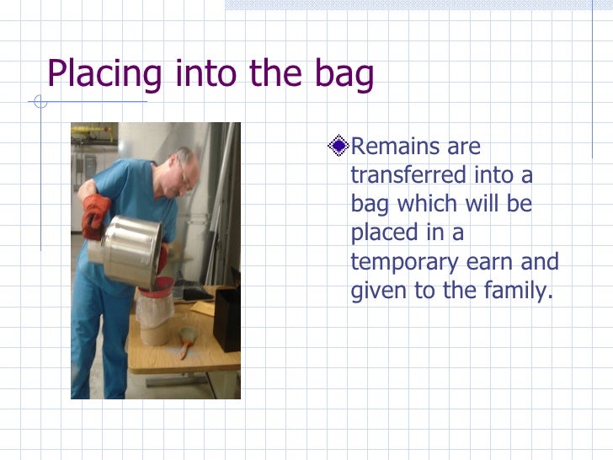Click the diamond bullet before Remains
pos(338,147)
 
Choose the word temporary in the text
pos(402,262)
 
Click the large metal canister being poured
pos(130,249)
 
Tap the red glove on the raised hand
pos(95,215)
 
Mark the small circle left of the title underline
pos(36,103)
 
